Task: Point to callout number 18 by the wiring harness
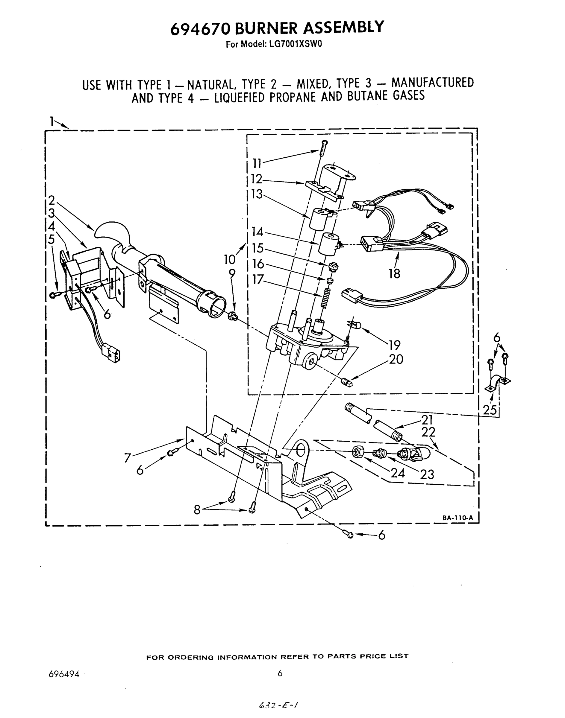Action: point(394,273)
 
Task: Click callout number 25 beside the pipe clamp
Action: point(490,410)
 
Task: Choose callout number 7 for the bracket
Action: point(128,458)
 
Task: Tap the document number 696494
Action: point(64,674)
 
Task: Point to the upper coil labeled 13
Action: point(319,218)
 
